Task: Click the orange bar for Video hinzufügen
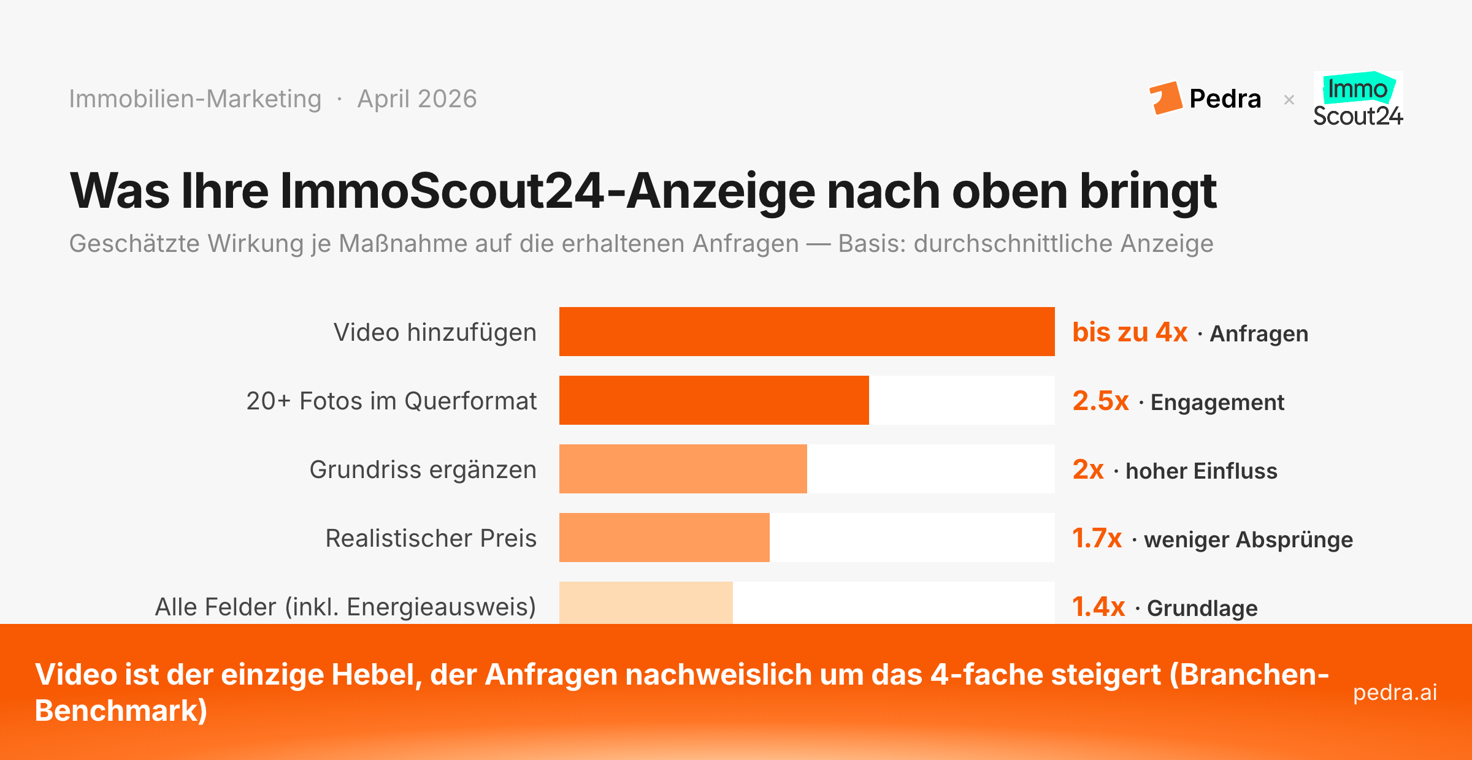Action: (807, 332)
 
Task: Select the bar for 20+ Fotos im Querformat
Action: (714, 400)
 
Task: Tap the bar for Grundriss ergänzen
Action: (683, 469)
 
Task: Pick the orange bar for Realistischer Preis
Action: (664, 538)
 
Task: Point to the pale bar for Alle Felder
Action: (646, 603)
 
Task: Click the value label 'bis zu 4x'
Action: (1129, 332)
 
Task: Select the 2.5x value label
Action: (1100, 401)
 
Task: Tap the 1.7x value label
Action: (1097, 538)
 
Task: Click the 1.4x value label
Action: (1098, 607)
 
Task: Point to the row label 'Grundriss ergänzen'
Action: (423, 469)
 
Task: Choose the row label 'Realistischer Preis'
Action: (431, 538)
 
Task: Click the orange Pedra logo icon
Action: (1165, 98)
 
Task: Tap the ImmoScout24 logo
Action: (1358, 100)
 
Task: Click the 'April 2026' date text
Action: (417, 99)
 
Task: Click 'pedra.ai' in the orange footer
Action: (1395, 692)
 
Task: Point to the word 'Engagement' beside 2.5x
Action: (1217, 402)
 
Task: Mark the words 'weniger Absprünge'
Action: (1248, 539)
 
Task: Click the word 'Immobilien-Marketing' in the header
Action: (195, 99)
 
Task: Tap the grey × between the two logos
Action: (1289, 99)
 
